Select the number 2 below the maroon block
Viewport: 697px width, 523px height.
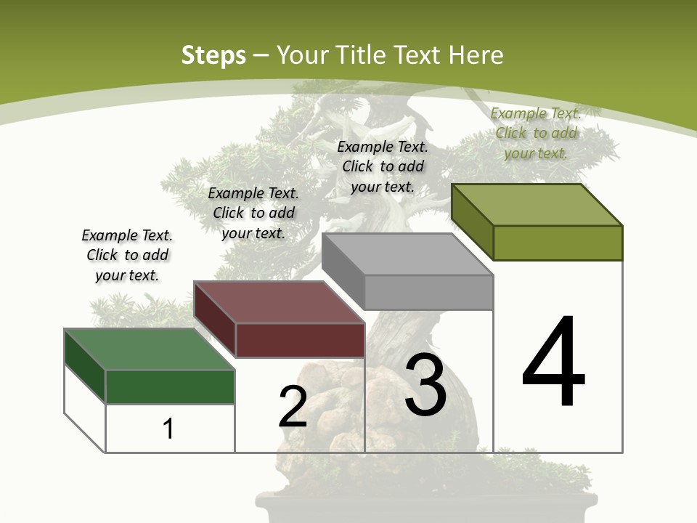coord(293,407)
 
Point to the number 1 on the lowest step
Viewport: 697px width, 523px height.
coord(168,429)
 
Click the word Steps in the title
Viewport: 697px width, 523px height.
coord(213,55)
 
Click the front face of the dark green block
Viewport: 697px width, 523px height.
coord(170,386)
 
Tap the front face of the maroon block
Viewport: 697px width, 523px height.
coord(300,340)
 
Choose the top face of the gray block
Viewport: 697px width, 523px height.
coord(407,254)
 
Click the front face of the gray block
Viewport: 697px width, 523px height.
coord(428,292)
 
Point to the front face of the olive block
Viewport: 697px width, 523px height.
coord(558,243)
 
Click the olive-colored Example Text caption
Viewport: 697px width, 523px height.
coord(536,133)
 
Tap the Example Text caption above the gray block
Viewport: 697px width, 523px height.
coord(383,166)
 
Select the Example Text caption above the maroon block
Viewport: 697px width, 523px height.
coord(253,213)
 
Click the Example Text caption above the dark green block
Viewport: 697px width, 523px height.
coord(127,255)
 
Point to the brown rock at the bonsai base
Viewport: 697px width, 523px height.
coord(341,407)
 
